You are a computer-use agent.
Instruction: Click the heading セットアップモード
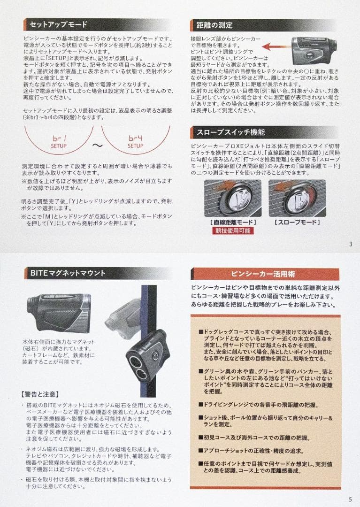tap(58, 25)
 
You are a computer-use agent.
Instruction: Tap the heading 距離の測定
tap(212, 25)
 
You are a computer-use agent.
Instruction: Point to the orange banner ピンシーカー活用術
tap(265, 274)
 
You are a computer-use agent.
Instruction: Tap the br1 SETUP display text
tap(59, 142)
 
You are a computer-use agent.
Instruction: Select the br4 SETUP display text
tap(136, 142)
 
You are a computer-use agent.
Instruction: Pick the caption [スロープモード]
tap(297, 222)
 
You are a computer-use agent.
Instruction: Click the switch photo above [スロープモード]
tap(297, 197)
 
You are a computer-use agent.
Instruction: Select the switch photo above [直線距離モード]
tap(233, 197)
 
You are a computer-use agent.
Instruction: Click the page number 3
tap(351, 244)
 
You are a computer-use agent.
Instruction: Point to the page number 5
tap(351, 499)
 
